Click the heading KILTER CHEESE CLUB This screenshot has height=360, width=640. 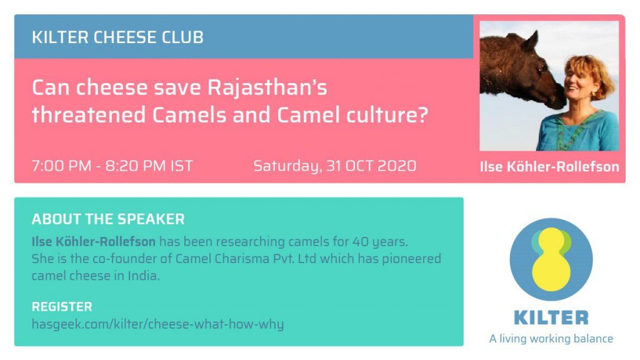(x=117, y=37)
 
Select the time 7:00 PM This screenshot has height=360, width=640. (x=62, y=166)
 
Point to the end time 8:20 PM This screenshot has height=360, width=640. (x=136, y=166)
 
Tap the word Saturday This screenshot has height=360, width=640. (x=287, y=166)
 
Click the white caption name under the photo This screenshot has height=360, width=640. (x=549, y=166)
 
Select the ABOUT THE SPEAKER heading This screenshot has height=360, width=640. (x=108, y=219)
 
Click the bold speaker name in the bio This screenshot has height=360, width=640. (x=94, y=242)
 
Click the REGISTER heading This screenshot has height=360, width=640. (x=62, y=306)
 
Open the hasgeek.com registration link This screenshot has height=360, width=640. (x=157, y=324)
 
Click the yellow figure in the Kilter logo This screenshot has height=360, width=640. (x=551, y=259)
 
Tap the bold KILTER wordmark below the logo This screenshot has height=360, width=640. (x=551, y=317)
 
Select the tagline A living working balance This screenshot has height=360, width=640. (x=551, y=339)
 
